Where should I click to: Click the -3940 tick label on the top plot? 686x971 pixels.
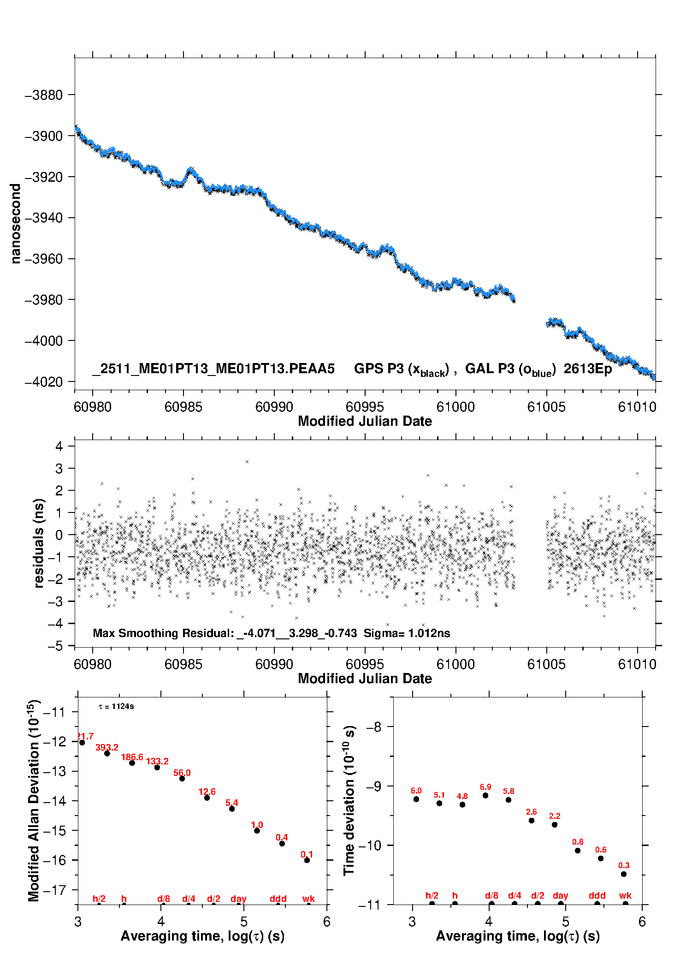(43, 218)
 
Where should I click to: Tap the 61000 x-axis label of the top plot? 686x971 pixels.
(455, 407)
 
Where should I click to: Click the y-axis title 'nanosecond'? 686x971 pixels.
(16, 224)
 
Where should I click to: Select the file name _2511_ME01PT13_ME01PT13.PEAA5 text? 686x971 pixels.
(213, 369)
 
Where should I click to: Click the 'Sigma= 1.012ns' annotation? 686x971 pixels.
(407, 633)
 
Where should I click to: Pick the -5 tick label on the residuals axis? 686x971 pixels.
(55, 646)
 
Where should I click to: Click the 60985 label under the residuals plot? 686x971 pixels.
(183, 664)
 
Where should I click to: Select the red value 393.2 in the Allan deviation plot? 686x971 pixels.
(107, 747)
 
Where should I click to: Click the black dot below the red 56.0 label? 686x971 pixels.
(182, 779)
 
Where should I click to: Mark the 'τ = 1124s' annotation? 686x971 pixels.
(116, 707)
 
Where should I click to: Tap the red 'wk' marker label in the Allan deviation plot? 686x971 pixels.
(308, 899)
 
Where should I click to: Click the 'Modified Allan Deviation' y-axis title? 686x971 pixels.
(33, 800)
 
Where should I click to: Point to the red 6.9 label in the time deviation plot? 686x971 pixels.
(485, 787)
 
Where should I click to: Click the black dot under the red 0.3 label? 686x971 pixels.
(624, 874)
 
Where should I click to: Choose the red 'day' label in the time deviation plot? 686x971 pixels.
(561, 895)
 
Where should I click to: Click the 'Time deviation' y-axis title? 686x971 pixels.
(349, 800)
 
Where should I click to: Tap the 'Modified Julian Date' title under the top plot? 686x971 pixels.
(365, 421)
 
